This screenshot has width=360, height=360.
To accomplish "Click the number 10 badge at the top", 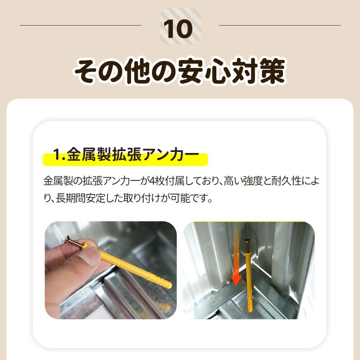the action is (180, 26).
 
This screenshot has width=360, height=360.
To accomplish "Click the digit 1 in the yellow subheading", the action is (57, 154).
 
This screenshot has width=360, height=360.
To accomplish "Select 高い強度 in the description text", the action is (244, 181).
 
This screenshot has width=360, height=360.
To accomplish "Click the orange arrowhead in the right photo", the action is (235, 280).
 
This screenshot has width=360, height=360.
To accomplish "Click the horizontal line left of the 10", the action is (81, 25).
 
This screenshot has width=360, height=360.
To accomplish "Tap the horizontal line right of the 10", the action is (280, 25).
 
